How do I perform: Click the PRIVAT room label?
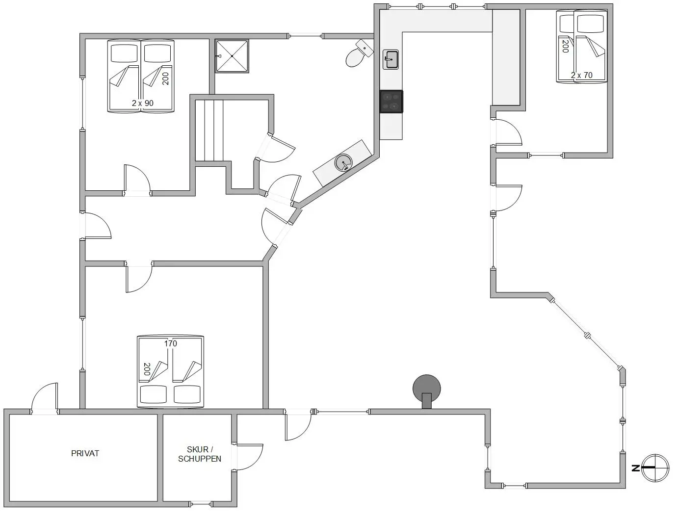[x=85, y=453]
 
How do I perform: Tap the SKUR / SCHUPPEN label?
[x=200, y=454]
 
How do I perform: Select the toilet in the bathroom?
[x=357, y=55]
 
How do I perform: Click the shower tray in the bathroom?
[x=232, y=56]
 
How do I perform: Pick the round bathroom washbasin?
[x=343, y=162]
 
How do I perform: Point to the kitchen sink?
[x=391, y=59]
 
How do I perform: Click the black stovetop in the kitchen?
[x=391, y=102]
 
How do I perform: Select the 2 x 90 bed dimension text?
[x=142, y=103]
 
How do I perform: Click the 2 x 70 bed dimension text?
[x=581, y=76]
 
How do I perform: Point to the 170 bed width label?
[x=170, y=343]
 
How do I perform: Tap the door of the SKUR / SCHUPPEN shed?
[x=249, y=456]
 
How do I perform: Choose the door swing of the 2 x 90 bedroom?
[x=136, y=179]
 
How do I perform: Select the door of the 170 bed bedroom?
[x=139, y=278]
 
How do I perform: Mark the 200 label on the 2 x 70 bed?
[x=565, y=46]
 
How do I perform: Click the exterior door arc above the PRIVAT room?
[x=45, y=397]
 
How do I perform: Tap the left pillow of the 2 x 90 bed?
[x=124, y=53]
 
